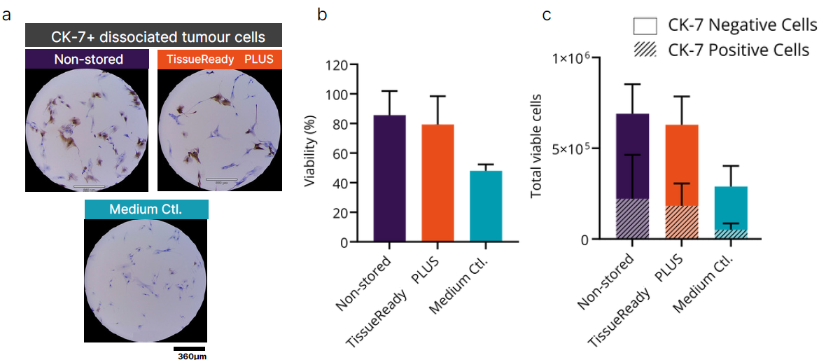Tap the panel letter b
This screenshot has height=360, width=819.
tap(323, 15)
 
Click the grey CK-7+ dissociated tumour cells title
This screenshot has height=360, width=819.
tap(153, 36)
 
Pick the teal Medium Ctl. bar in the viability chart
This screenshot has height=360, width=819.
tap(485, 207)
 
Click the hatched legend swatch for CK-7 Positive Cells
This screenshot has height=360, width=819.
tap(644, 51)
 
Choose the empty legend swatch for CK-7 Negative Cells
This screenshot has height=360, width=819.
tap(644, 26)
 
